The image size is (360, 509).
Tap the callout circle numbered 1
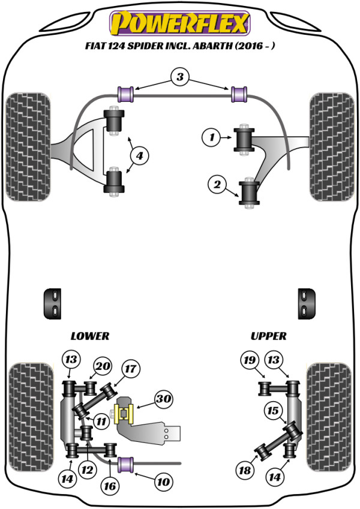click(x=211, y=138)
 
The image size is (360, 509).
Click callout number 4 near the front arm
click(x=139, y=156)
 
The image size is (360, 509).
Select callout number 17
click(x=130, y=369)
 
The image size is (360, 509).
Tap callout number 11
click(x=101, y=421)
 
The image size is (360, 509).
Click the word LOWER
click(x=90, y=336)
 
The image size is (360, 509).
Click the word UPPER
click(x=268, y=336)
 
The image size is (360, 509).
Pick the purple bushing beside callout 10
click(x=126, y=463)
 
